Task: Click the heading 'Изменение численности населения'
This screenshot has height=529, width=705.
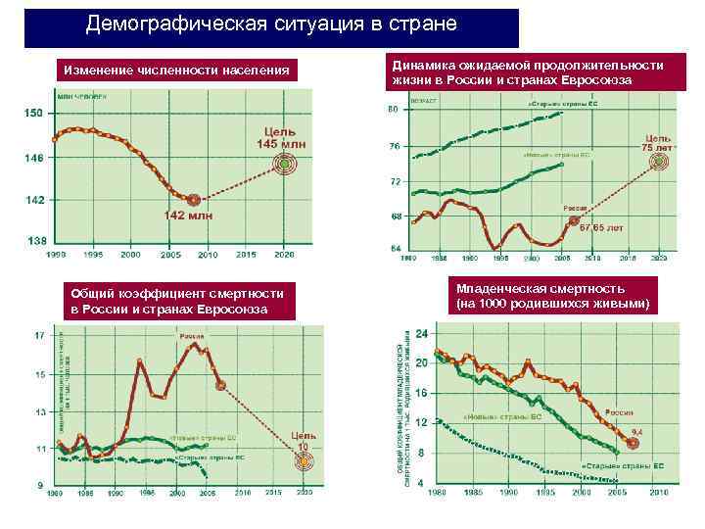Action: [x=176, y=71]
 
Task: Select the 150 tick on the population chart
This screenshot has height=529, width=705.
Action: [x=34, y=114]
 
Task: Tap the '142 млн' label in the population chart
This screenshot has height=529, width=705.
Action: [x=187, y=216]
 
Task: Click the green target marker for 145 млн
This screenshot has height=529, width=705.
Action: [x=285, y=167]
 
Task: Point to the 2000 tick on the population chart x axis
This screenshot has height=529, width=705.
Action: [x=129, y=254]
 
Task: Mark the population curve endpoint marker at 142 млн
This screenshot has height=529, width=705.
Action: [x=194, y=200]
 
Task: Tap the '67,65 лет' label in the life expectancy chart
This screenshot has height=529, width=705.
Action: [x=600, y=228]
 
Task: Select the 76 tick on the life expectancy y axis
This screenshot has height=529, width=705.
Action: [x=396, y=146]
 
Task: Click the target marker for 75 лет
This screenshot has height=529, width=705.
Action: [x=662, y=162]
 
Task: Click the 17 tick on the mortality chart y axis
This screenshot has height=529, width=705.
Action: [x=40, y=335]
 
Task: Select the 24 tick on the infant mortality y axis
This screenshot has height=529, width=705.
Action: [x=422, y=333]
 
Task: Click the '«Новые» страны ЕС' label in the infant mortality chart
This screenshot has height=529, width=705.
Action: [x=501, y=417]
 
